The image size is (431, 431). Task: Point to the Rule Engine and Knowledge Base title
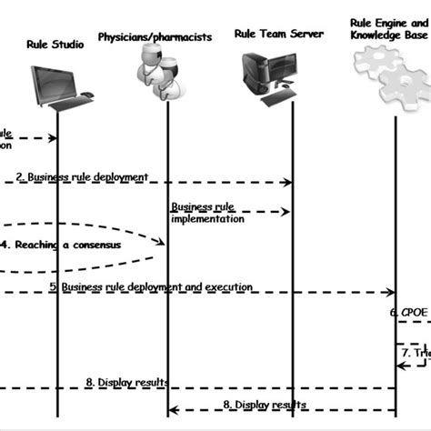(389, 27)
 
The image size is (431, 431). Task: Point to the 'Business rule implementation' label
(206, 212)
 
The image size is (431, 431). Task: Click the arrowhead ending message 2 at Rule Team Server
(288, 183)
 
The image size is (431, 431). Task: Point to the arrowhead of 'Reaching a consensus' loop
(161, 243)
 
